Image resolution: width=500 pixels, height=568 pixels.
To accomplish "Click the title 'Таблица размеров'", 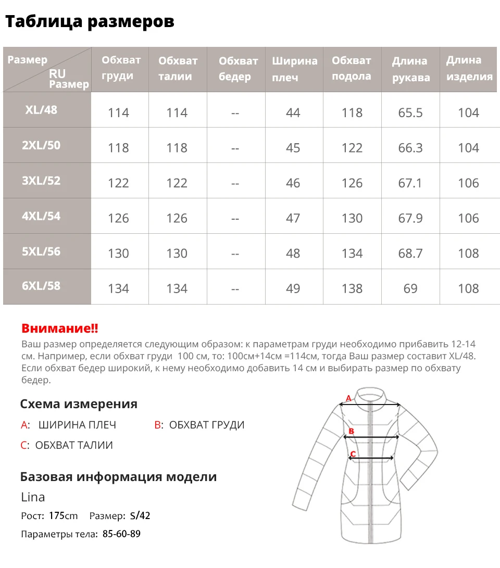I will click(90, 21).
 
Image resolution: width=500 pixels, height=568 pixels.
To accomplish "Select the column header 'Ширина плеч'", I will click(294, 69).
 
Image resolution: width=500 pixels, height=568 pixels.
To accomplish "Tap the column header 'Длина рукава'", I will click(411, 69).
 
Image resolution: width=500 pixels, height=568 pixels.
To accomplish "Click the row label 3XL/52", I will click(41, 181).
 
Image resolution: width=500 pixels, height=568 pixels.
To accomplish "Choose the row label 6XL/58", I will click(41, 286).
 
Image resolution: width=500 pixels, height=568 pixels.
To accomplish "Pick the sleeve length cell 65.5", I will click(410, 113).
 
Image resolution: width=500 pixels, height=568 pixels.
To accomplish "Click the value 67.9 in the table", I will click(410, 218).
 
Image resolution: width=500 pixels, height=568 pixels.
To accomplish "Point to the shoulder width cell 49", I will click(293, 288).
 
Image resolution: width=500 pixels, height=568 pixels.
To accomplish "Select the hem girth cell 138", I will click(352, 288).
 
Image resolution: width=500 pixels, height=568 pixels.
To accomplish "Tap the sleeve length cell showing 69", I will click(410, 288).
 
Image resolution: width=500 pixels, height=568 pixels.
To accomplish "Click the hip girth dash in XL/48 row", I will click(235, 113).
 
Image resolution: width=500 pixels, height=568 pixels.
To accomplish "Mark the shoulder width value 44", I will click(293, 113).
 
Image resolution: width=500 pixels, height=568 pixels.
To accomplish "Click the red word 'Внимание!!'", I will click(60, 329).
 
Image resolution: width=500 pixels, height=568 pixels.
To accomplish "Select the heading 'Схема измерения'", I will click(79, 404).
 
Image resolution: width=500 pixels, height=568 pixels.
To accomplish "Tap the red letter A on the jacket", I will click(349, 399).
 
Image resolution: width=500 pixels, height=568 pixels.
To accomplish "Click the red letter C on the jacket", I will click(353, 454).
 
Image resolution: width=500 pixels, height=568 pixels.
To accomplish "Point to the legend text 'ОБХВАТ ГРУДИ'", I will click(207, 425).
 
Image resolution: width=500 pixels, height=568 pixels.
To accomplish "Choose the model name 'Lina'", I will click(33, 497).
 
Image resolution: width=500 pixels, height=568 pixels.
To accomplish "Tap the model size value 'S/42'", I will click(140, 516).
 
